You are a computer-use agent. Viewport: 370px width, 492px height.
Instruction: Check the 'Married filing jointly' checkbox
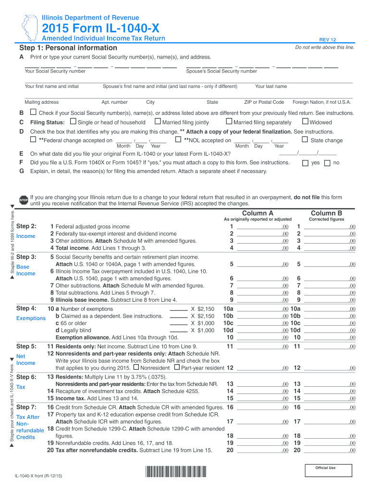tap(158, 122)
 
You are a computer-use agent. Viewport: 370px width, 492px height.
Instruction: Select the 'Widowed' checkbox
tap(305, 122)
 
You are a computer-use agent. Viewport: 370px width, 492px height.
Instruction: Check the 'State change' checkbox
tap(305, 140)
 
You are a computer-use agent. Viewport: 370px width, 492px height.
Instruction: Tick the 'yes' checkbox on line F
tap(305, 163)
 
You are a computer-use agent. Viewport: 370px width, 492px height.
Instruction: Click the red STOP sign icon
tap(24, 200)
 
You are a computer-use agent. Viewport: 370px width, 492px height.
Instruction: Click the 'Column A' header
tap(258, 213)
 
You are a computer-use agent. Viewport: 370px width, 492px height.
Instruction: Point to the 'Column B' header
tap(326, 213)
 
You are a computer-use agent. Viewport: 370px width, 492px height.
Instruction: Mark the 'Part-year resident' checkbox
tap(176, 367)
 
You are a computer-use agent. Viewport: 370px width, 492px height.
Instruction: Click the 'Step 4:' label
tap(26, 308)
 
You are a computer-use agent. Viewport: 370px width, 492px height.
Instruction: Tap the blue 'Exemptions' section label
tap(30, 319)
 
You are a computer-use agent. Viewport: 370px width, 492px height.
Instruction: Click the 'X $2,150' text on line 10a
tap(202, 309)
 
